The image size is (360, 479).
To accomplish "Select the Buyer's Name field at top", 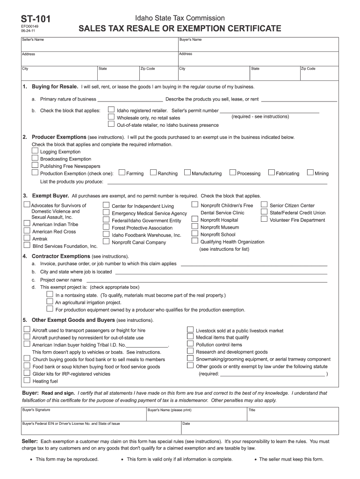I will [x=258, y=44].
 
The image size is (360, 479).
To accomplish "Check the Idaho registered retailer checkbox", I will [x=111, y=110].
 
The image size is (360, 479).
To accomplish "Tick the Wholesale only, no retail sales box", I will [x=111, y=117].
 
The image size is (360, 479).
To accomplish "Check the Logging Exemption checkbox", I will [x=35, y=151].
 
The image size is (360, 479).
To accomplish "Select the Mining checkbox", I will [x=310, y=173].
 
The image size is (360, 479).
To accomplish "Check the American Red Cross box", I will [x=27, y=231].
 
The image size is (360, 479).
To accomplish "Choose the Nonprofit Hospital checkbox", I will [x=195, y=219].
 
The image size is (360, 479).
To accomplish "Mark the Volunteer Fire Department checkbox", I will [x=264, y=219].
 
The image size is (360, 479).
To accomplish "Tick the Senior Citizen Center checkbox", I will [x=264, y=205].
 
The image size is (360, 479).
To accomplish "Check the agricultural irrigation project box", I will [x=50, y=302].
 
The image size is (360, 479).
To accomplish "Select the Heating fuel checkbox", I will [x=27, y=380].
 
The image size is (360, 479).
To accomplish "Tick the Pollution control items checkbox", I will [x=190, y=344].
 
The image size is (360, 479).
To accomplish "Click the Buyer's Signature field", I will [x=83, y=414].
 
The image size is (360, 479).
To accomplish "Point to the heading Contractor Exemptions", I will [x=60, y=256].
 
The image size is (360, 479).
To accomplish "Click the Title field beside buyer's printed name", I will [x=292, y=414].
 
